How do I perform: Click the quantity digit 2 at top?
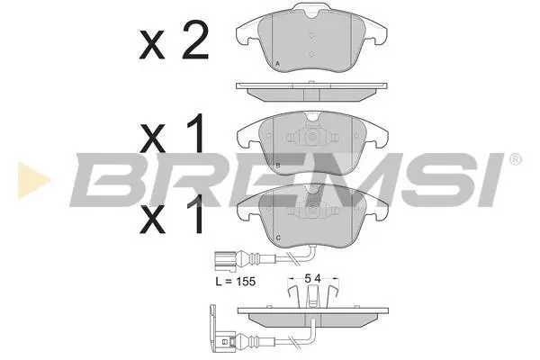click(x=195, y=40)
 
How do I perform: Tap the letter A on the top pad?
click(x=277, y=64)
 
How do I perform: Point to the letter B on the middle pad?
click(x=278, y=166)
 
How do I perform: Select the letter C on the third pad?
click(x=278, y=238)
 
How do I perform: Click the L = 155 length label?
click(x=236, y=282)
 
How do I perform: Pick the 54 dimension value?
click(x=312, y=278)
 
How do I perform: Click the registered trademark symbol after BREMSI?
click(x=516, y=159)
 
